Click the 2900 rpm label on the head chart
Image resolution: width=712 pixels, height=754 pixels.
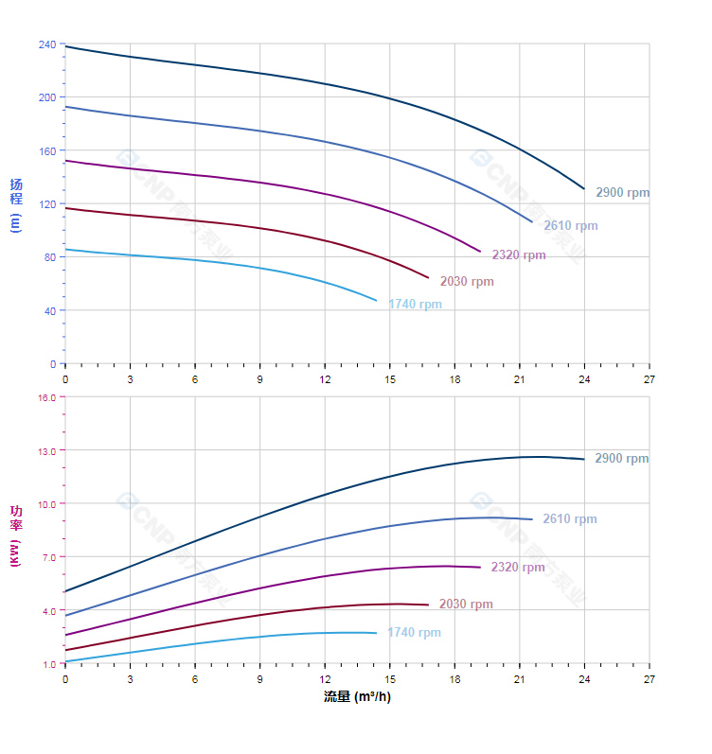coord(622,193)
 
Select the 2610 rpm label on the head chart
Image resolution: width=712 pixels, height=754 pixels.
coord(570,226)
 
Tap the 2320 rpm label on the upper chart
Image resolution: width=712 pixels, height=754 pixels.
coord(518,255)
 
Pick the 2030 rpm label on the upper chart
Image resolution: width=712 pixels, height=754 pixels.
coord(466,282)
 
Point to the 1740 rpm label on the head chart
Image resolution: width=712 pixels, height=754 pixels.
coord(415,305)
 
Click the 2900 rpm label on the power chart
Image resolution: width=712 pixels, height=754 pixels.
coord(621,459)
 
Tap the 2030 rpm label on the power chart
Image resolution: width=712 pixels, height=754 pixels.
coord(466,605)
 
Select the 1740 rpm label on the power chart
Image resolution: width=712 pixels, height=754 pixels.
coord(414,633)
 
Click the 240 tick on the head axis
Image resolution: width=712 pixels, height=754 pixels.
coord(47,44)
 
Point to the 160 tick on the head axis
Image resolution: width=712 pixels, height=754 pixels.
coord(47,150)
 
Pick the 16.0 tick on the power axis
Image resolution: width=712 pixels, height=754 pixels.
coord(46,397)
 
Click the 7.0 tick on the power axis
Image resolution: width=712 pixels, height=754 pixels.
coord(49,557)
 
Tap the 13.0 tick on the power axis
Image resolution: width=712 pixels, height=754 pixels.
coord(46,451)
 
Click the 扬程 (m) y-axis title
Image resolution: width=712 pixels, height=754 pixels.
coord(15,204)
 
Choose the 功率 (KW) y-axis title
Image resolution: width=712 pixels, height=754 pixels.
coord(15,535)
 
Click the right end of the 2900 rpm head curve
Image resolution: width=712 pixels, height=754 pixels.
coord(584,189)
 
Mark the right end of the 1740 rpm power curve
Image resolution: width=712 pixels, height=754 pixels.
coord(376,633)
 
